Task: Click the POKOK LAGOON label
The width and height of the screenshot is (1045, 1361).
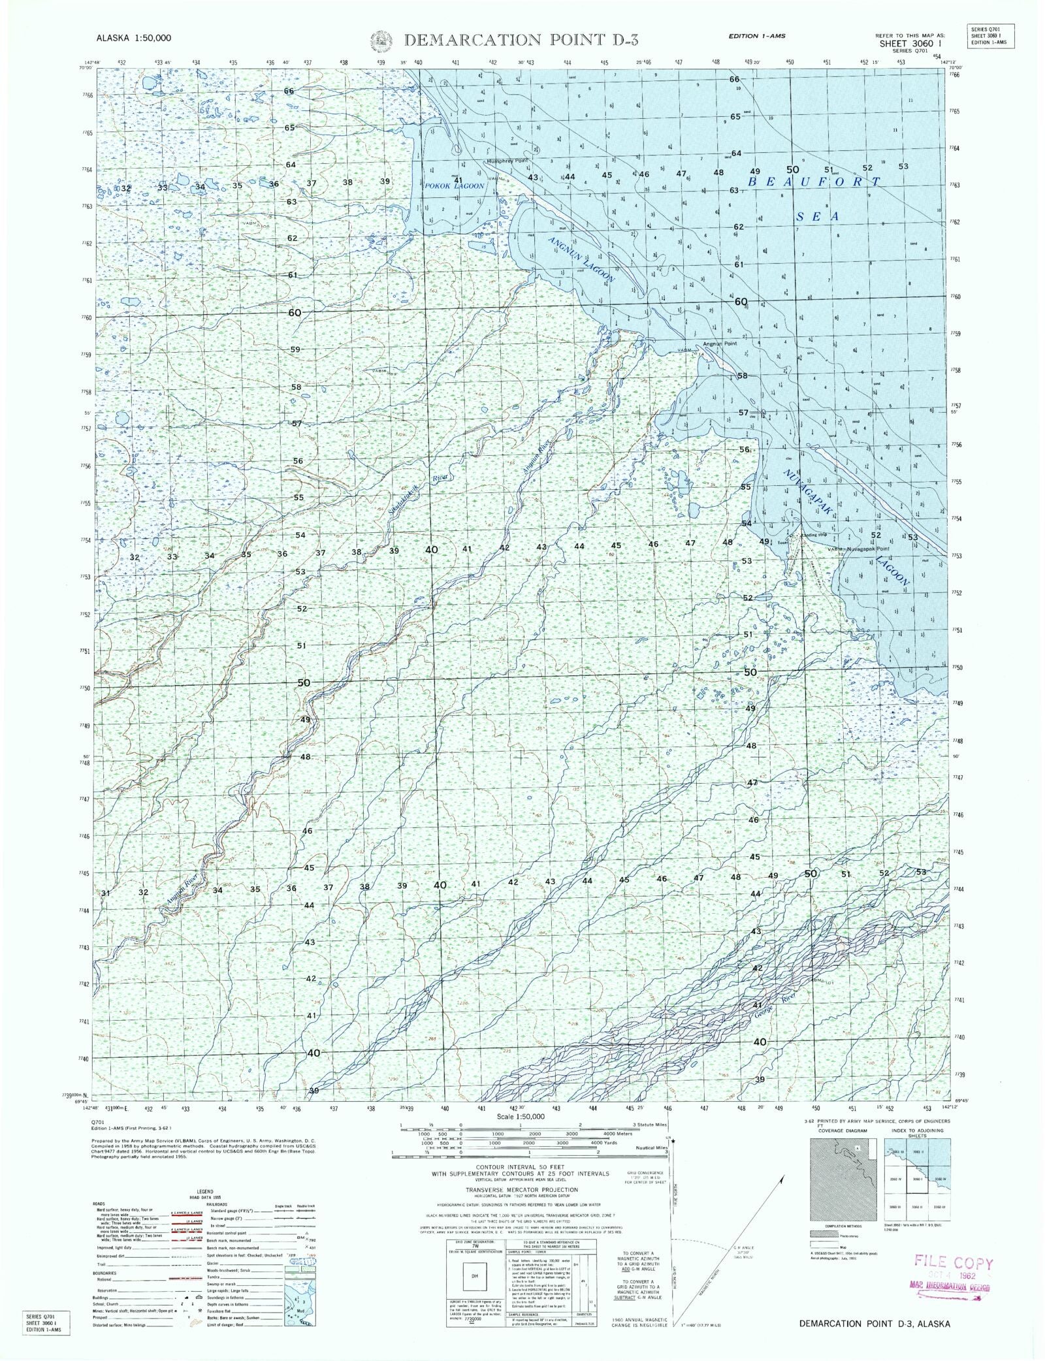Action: (455, 185)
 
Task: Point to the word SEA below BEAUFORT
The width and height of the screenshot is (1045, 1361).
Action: (816, 216)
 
